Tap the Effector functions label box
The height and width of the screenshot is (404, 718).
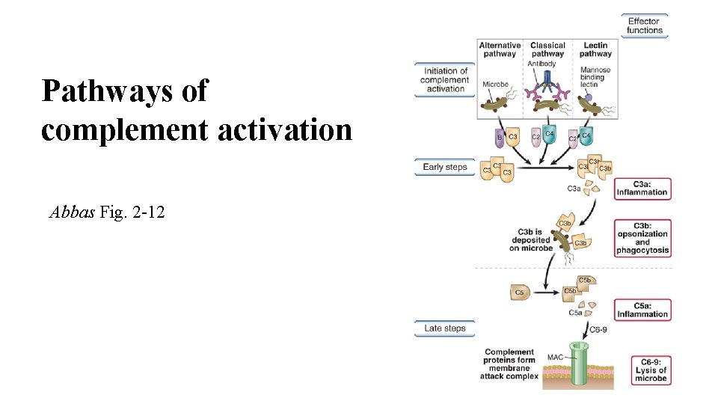645,26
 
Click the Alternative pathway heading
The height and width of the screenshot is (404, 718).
500,49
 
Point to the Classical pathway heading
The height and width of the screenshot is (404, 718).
547,49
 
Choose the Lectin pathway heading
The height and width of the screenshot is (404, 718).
595,49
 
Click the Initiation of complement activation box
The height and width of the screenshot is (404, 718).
444,80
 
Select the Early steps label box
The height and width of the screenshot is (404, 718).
444,167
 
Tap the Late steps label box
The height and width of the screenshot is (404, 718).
444,328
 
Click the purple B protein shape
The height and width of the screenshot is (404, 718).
500,138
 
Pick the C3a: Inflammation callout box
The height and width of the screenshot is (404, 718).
642,189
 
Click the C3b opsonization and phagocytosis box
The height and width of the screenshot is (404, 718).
642,238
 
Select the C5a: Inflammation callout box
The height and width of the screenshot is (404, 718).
642,310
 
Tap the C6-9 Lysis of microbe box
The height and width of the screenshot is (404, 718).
650,370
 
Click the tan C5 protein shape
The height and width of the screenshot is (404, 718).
520,293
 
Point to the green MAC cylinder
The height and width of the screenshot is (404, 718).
577,366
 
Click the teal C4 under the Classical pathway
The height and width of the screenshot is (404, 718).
549,135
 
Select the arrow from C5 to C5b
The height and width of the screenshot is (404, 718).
547,293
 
